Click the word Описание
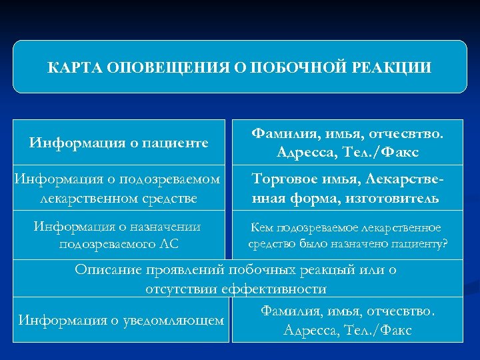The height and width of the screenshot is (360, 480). [106, 270]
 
